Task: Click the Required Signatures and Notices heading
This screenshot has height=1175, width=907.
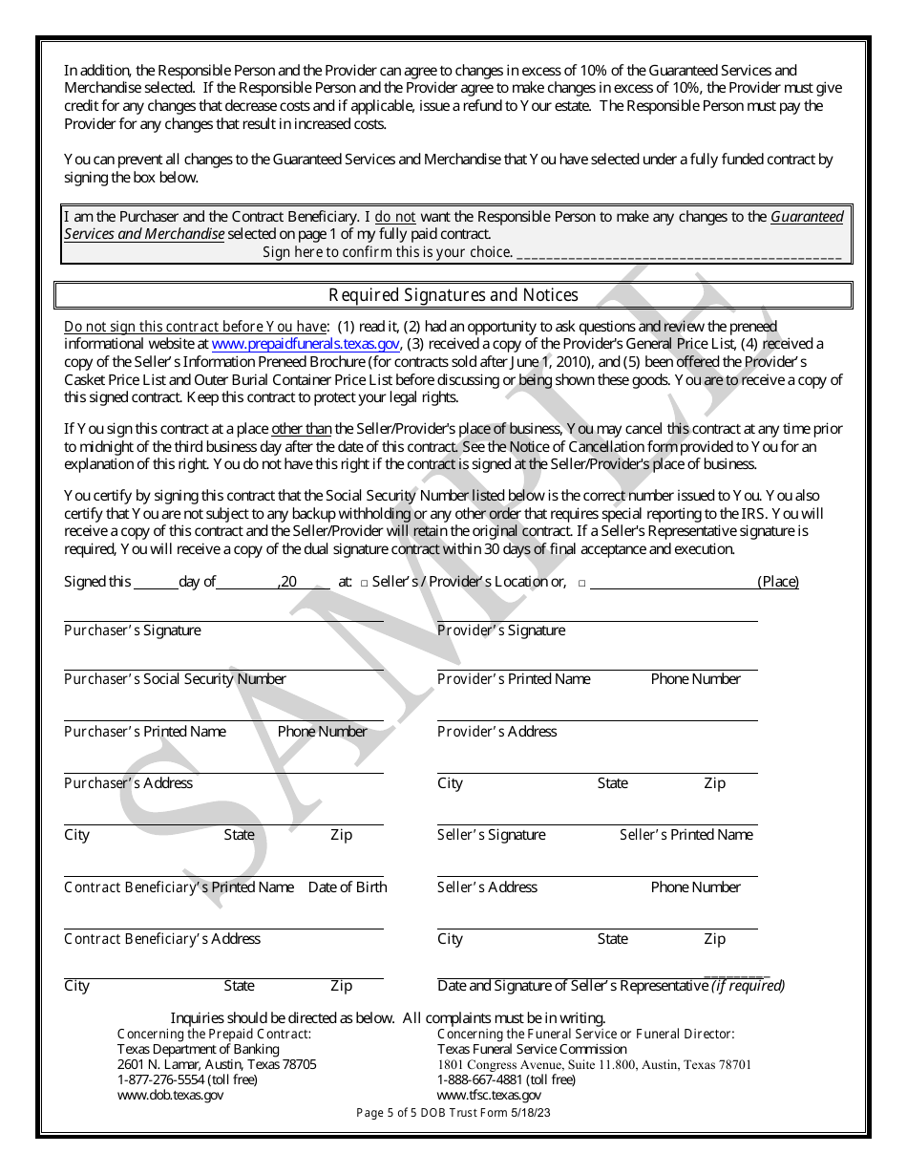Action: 453,295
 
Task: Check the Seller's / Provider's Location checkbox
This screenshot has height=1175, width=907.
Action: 366,583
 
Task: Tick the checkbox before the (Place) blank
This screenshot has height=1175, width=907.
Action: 581,583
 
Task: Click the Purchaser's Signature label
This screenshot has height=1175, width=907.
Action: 132,630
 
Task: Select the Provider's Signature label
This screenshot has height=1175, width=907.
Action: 500,630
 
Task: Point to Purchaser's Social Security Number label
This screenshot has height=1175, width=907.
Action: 175,679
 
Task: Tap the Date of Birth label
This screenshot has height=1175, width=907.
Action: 348,887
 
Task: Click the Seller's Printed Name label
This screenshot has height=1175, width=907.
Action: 686,835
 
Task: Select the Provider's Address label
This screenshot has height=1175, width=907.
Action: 496,732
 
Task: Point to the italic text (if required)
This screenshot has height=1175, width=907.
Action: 748,986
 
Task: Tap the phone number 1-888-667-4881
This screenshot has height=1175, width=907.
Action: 478,1079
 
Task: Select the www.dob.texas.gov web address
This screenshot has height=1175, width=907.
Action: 170,1096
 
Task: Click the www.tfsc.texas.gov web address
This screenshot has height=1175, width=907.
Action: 489,1096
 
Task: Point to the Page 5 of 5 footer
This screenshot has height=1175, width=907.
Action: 453,1113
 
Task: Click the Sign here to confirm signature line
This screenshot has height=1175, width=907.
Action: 678,254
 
